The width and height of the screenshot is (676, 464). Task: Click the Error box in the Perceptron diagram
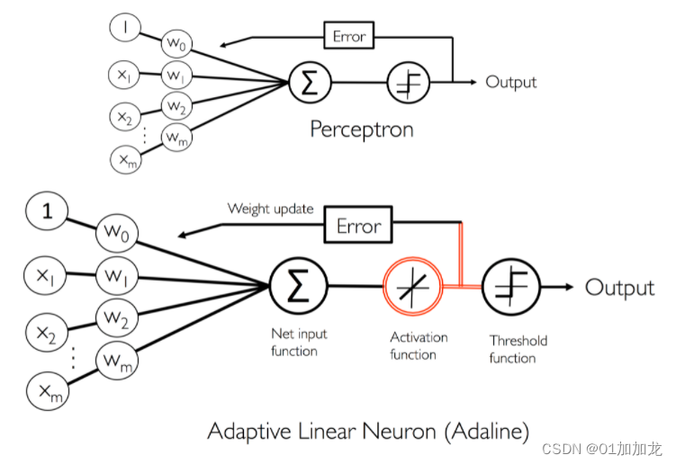pyautogui.click(x=348, y=37)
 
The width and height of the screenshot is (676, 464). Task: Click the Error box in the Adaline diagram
pyautogui.click(x=358, y=226)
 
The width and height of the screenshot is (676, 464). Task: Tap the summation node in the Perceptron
pyautogui.click(x=309, y=84)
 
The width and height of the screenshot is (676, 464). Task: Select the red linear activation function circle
pyautogui.click(x=413, y=289)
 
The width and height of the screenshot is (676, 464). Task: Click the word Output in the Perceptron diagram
pyautogui.click(x=510, y=82)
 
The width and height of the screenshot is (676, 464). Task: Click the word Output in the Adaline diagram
pyautogui.click(x=619, y=288)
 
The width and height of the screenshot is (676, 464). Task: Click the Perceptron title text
pyautogui.click(x=361, y=129)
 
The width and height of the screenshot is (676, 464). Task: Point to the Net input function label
pyautogui.click(x=299, y=343)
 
